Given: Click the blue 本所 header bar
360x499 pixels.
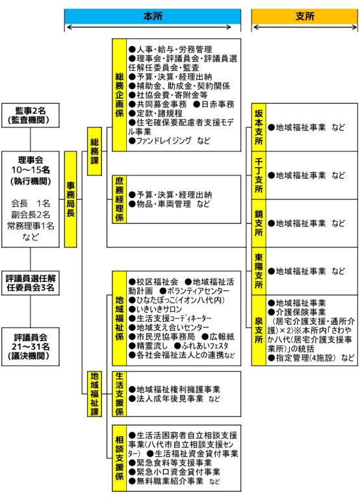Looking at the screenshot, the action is pyautogui.click(x=153, y=16).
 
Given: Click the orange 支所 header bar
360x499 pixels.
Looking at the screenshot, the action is pyautogui.click(x=305, y=16).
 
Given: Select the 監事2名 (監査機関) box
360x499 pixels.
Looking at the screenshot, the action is pyautogui.click(x=31, y=116).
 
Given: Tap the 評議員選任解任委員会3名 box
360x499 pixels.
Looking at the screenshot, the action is pyautogui.click(x=31, y=283).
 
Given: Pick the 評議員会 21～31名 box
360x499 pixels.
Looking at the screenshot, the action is pyautogui.click(x=31, y=346).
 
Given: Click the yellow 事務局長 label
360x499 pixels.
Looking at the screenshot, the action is pyautogui.click(x=71, y=199).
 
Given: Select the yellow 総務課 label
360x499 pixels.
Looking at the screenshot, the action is pyautogui.click(x=94, y=151).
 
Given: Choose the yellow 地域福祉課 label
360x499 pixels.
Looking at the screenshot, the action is pyautogui.click(x=94, y=394).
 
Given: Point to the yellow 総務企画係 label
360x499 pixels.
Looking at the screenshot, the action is pyautogui.click(x=120, y=95).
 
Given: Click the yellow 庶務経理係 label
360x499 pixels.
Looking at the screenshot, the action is pyautogui.click(x=120, y=199).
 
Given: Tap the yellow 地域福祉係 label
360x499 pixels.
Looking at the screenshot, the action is pyautogui.click(x=120, y=318).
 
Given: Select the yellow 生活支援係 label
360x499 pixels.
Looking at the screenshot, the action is pyautogui.click(x=120, y=394).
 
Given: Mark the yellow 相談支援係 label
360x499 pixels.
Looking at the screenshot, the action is pyautogui.click(x=120, y=458).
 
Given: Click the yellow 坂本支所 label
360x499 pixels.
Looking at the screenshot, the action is pyautogui.click(x=259, y=127).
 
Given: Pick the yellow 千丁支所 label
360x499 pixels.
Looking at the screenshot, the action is pyautogui.click(x=259, y=175).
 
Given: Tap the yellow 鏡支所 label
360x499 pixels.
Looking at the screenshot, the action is pyautogui.click(x=259, y=224).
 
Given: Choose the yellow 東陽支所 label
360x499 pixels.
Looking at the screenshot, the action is pyautogui.click(x=259, y=271).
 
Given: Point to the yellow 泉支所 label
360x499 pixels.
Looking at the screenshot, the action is pyautogui.click(x=259, y=330).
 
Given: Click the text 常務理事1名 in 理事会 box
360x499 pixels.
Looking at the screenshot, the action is pyautogui.click(x=31, y=226).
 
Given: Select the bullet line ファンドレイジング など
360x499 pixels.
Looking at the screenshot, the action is pyautogui.click(x=170, y=140).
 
